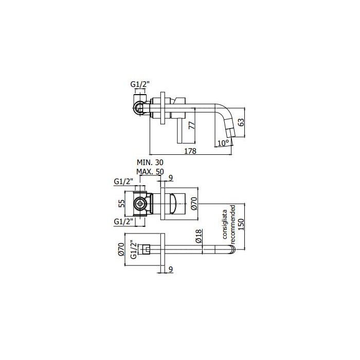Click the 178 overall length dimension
point(190,151)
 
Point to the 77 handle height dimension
point(192,125)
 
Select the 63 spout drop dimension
point(241,122)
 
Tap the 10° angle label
point(223,143)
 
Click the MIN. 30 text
point(150,163)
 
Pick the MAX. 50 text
point(150,171)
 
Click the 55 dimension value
point(122,203)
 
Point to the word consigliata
point(225,224)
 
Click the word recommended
point(232,224)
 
